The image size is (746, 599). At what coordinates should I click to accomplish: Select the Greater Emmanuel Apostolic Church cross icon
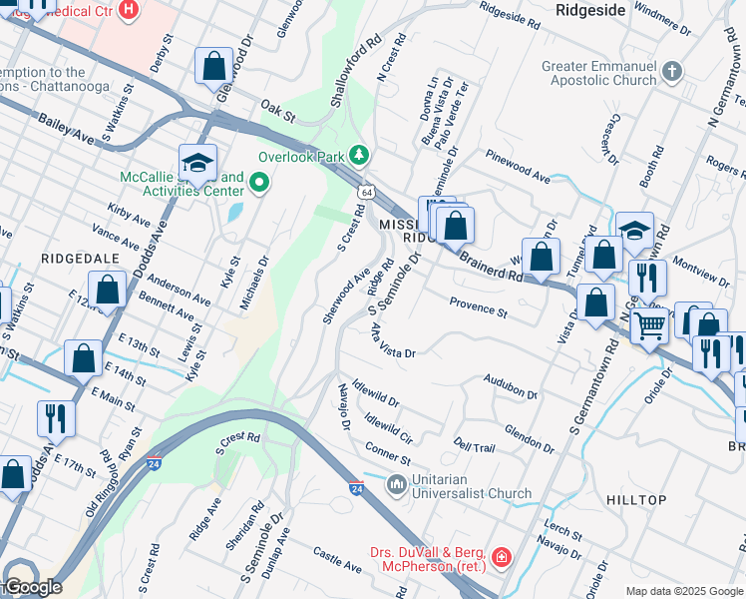tap(672, 72)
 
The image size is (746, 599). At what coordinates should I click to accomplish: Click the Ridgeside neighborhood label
tap(589, 9)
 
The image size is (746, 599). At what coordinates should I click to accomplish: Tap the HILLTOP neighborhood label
tap(636, 499)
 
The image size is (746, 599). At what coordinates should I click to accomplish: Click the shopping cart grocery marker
tap(649, 323)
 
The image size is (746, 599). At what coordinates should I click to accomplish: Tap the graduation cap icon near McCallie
tap(197, 163)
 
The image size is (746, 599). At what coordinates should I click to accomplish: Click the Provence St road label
tap(479, 306)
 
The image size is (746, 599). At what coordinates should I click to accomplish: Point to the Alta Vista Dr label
tap(392, 340)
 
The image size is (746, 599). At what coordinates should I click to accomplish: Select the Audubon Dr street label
tap(511, 386)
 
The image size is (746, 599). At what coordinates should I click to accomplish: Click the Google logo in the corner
tap(32, 587)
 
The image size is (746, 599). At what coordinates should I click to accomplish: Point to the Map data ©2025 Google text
tap(684, 591)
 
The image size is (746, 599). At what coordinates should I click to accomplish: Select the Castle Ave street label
tap(337, 559)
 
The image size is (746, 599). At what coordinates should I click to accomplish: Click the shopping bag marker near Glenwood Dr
tap(213, 67)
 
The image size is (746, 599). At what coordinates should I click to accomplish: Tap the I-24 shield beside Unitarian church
tap(356, 488)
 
